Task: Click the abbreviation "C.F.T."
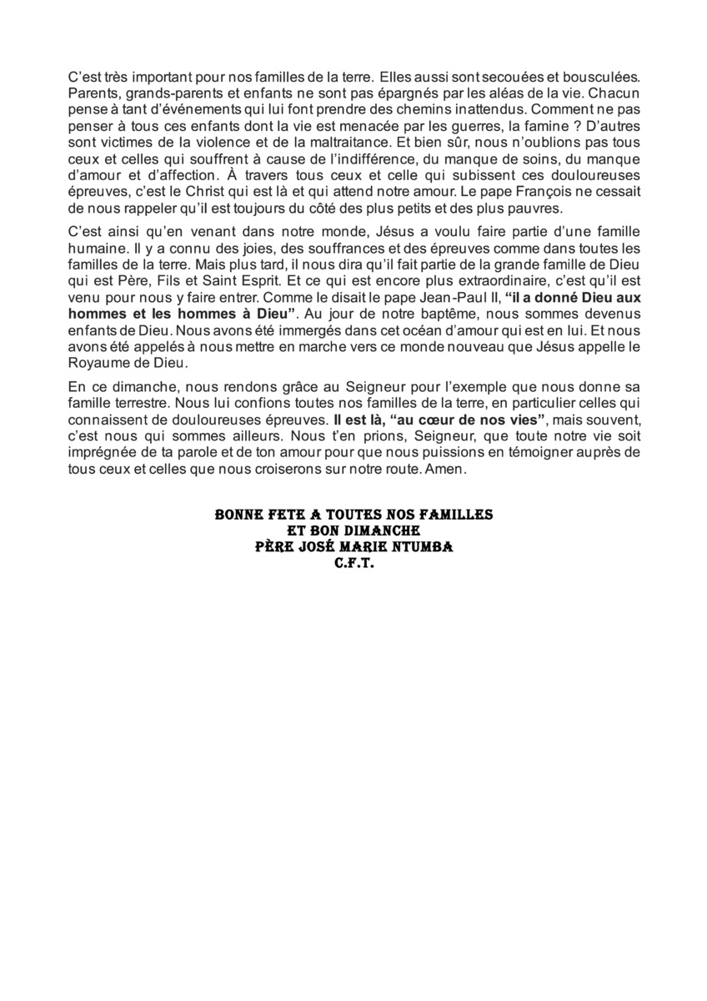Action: (x=353, y=563)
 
